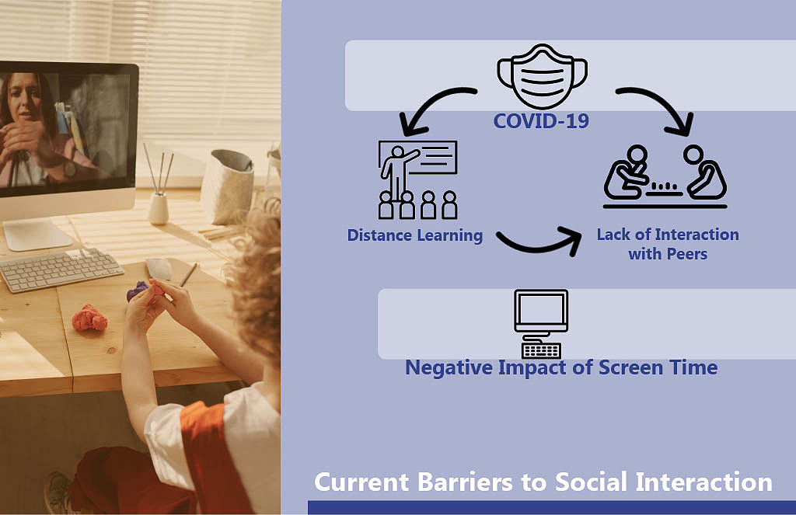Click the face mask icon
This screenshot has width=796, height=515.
tap(542, 77)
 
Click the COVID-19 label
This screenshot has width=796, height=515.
tap(541, 121)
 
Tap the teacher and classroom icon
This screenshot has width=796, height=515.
tap(417, 179)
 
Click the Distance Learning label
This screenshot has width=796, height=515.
tap(415, 235)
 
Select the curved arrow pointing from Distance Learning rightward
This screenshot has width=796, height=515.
tap(540, 243)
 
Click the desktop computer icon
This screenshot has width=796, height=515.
tap(541, 324)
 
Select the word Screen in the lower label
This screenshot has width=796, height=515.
tap(630, 367)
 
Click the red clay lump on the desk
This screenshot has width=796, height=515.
tap(89, 318)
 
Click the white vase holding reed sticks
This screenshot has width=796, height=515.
tap(158, 208)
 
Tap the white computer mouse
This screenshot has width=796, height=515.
tap(159, 268)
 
